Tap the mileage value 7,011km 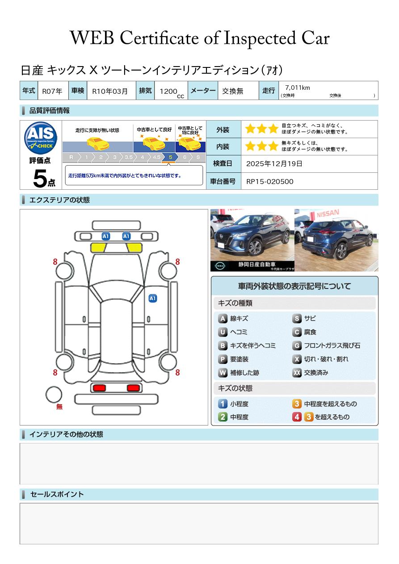click(297, 88)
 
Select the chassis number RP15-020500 click(270, 181)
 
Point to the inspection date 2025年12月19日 click(274, 164)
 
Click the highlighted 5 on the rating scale click(170, 157)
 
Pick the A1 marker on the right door click(153, 298)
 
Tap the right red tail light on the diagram click(133, 388)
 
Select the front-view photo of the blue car click(252, 240)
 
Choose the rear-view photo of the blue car click(336, 240)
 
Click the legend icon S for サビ click(297, 318)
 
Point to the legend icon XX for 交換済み click(297, 372)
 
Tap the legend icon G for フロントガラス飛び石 click(297, 346)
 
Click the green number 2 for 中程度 click(223, 417)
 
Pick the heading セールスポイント click(57, 494)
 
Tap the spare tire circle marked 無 click(54, 395)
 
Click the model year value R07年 click(52, 91)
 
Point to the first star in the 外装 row click(250, 129)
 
